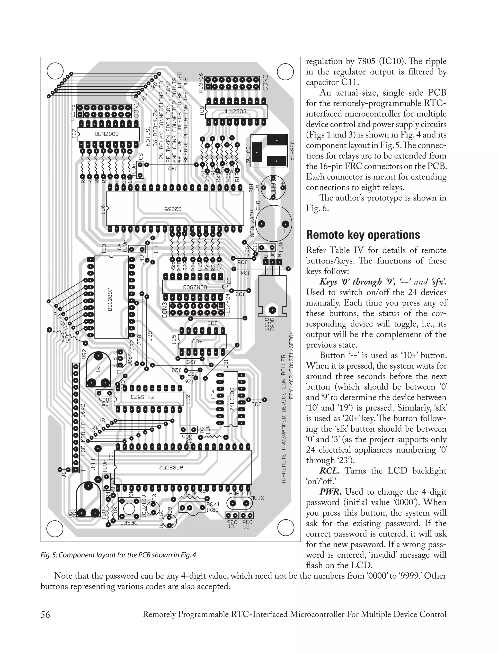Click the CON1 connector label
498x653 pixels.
tap(136, 110)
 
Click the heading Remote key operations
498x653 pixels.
tap(363, 235)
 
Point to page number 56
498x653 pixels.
tap(45, 615)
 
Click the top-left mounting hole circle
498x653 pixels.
tap(55, 72)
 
